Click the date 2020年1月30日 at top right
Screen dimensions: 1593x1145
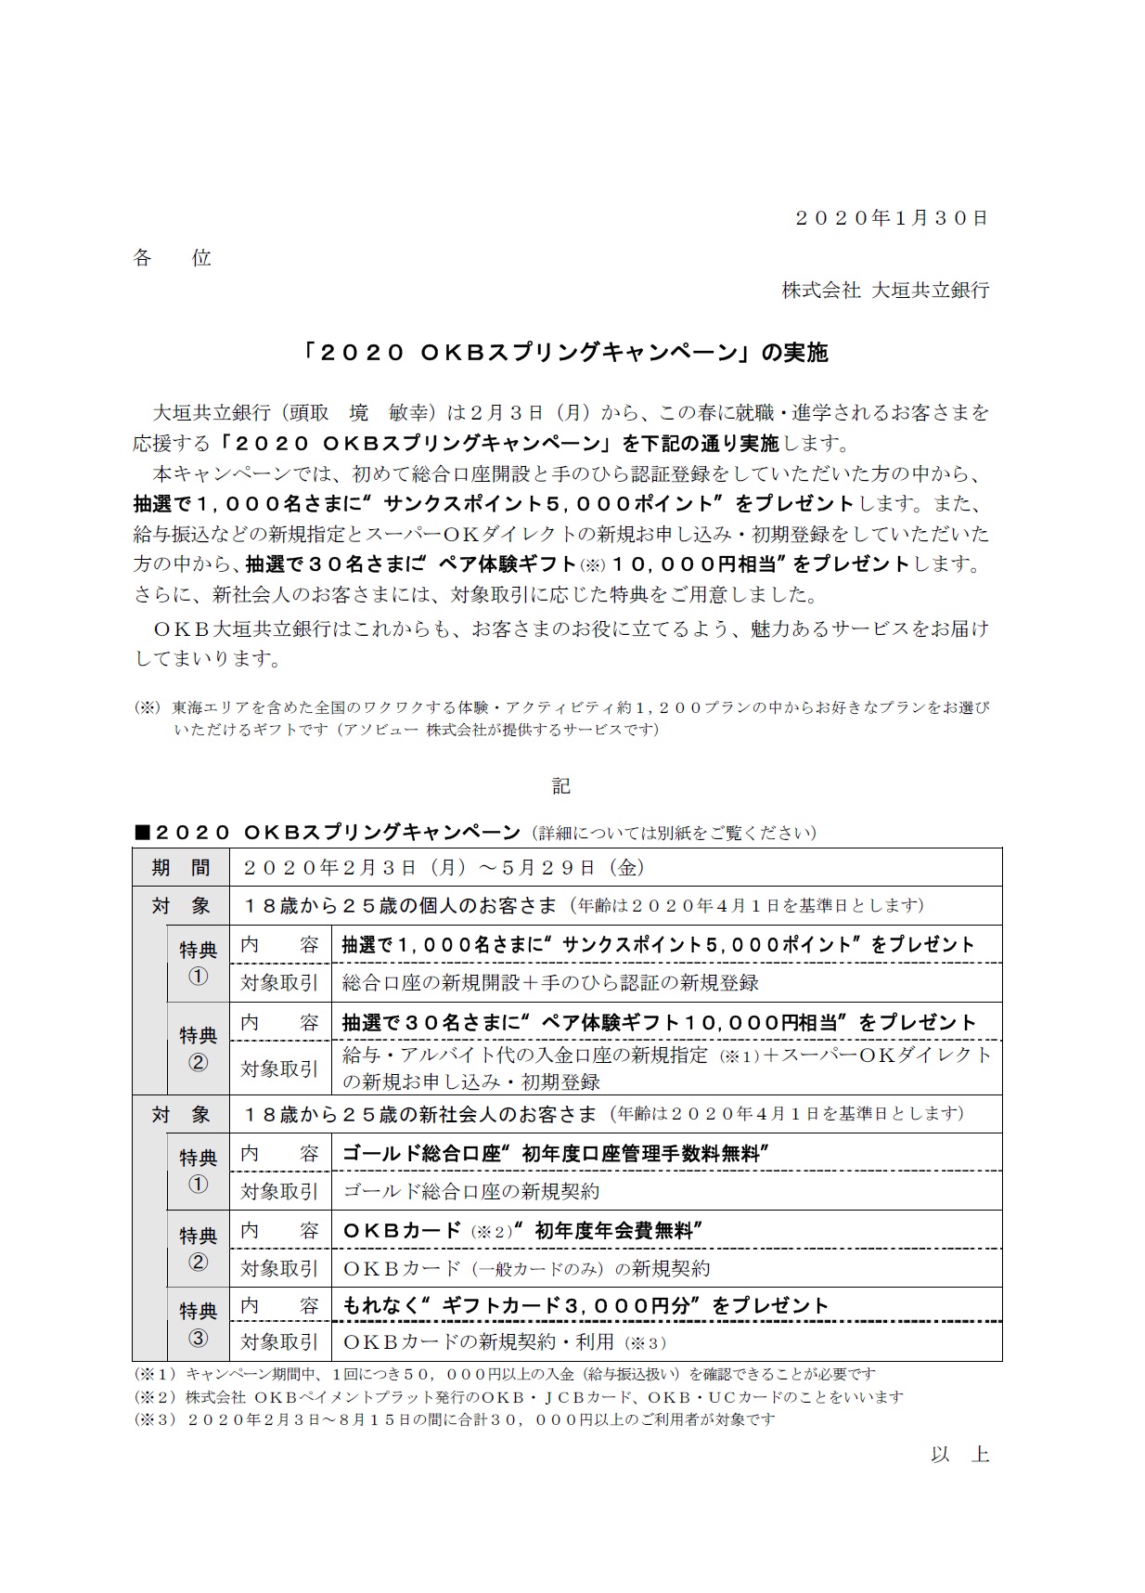click(x=892, y=218)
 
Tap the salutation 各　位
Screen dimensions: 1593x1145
click(x=173, y=258)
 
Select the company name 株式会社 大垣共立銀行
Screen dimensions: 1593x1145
click(x=885, y=290)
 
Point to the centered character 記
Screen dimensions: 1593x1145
click(x=561, y=786)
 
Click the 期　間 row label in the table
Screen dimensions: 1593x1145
click(x=181, y=868)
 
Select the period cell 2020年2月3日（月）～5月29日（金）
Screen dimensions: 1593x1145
click(x=444, y=868)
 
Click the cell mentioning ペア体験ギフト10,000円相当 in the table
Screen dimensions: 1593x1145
click(x=659, y=1022)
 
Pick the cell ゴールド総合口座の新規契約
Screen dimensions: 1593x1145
click(x=471, y=1191)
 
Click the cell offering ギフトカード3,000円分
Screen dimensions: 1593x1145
click(x=585, y=1306)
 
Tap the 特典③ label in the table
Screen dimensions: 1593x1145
click(x=198, y=1324)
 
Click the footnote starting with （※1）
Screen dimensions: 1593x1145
click(x=504, y=1374)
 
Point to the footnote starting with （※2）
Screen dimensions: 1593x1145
click(x=518, y=1397)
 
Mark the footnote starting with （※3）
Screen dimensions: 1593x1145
click(x=455, y=1419)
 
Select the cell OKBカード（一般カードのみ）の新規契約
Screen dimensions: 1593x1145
click(x=526, y=1268)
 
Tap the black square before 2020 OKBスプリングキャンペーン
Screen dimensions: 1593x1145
click(x=142, y=832)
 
